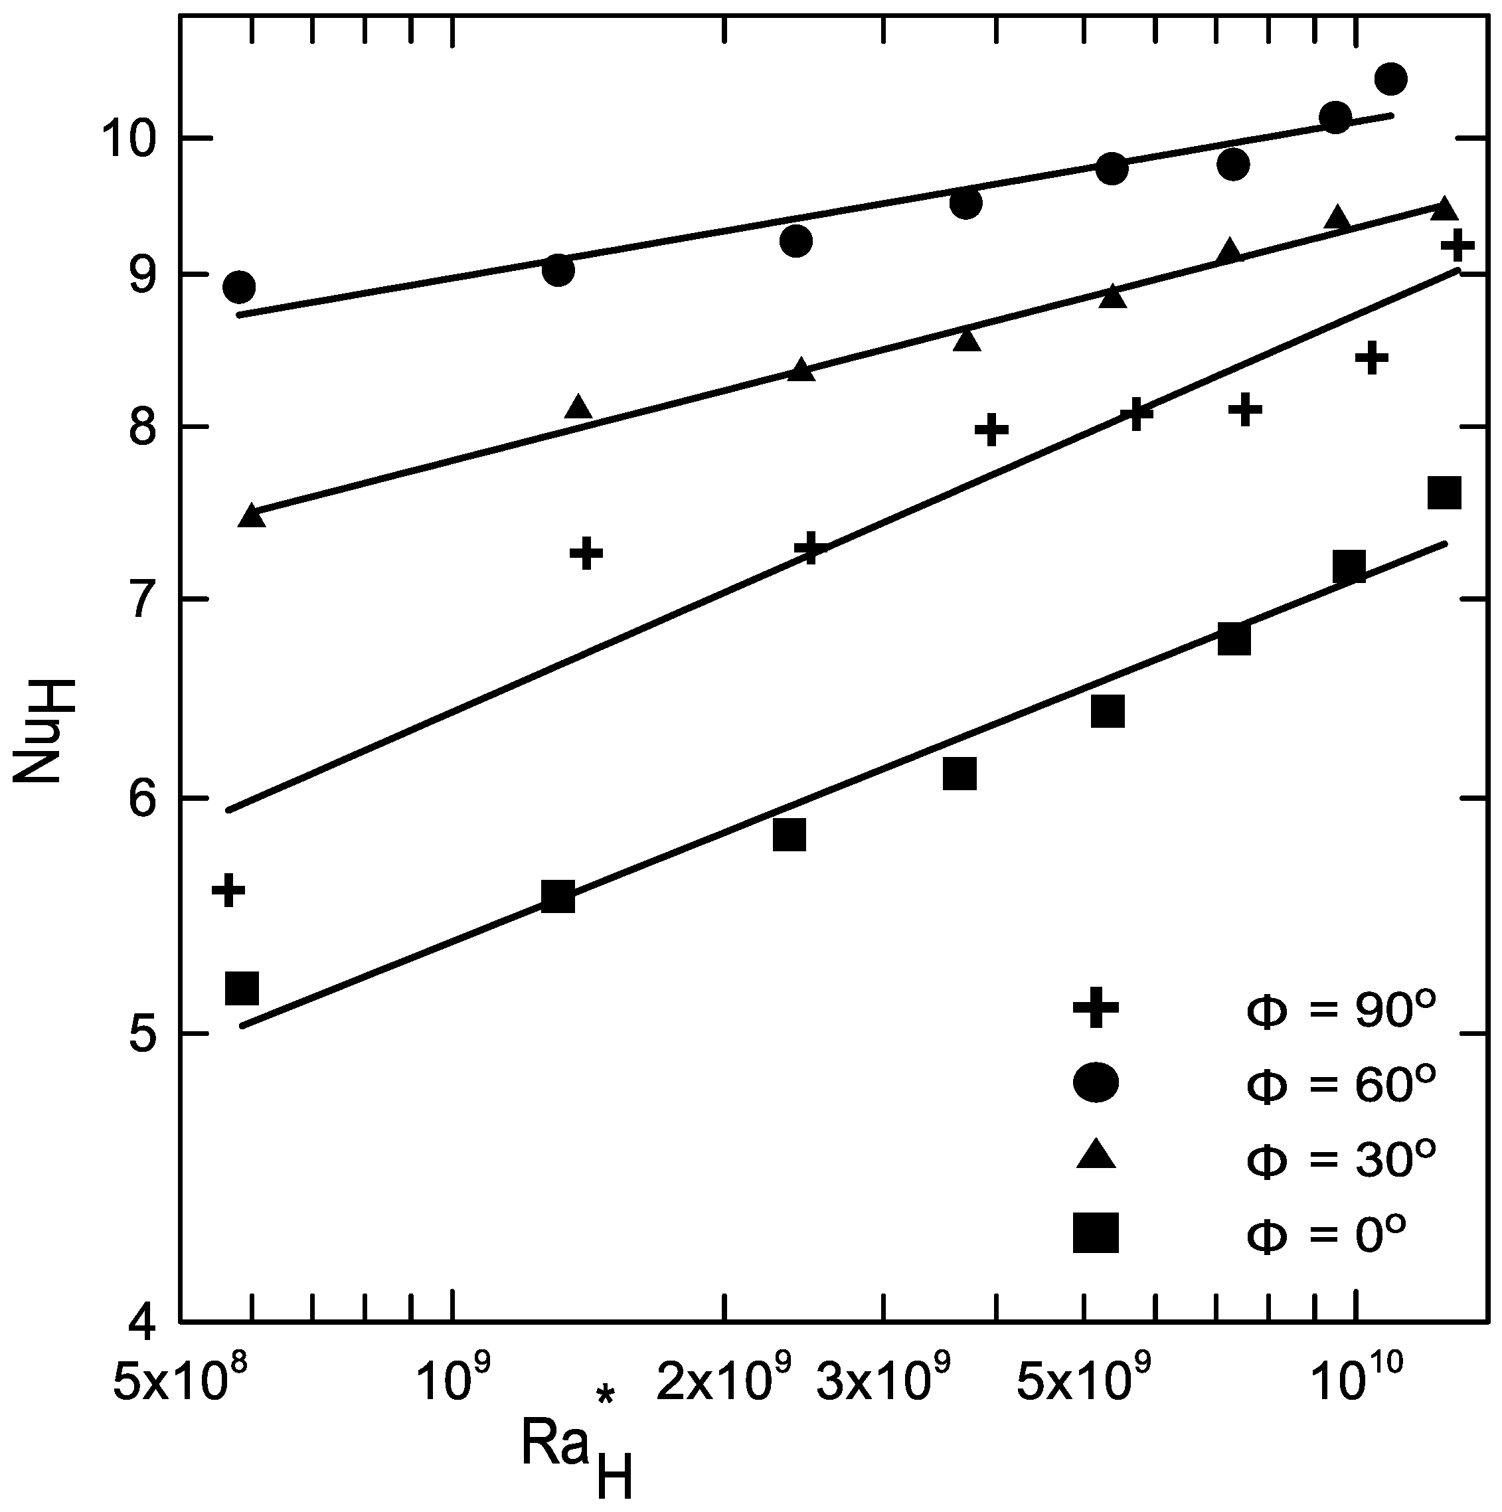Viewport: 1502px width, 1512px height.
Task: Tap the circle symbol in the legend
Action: point(1096,1082)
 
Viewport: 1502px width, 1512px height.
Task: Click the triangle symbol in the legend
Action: point(1096,1156)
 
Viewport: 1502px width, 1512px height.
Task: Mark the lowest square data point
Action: point(242,989)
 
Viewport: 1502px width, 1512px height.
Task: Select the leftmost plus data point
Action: point(228,890)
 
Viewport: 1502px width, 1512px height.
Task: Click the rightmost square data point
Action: point(1444,494)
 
